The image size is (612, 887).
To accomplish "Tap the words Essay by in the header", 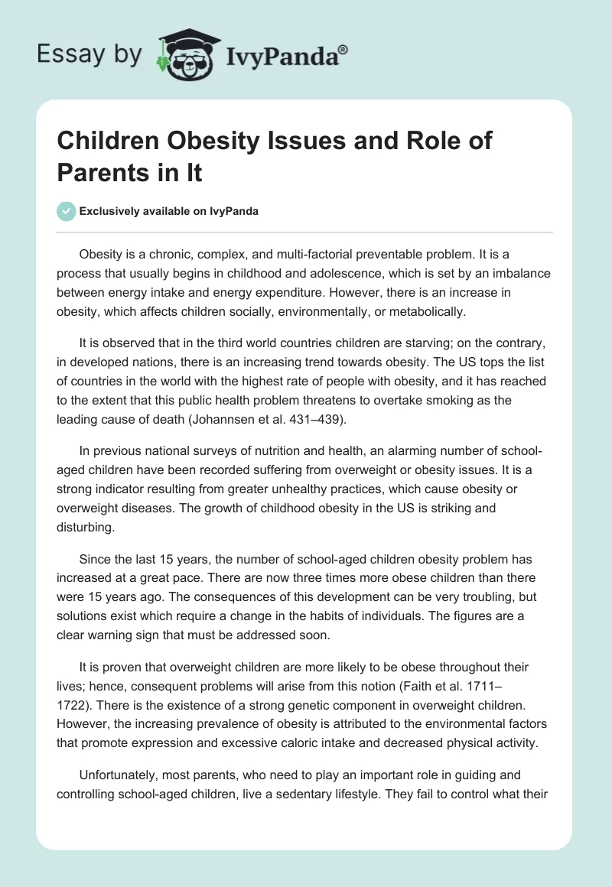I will click(x=90, y=54).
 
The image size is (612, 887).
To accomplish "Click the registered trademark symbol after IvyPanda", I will click(x=343, y=48).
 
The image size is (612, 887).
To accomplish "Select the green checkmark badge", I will click(x=67, y=211).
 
